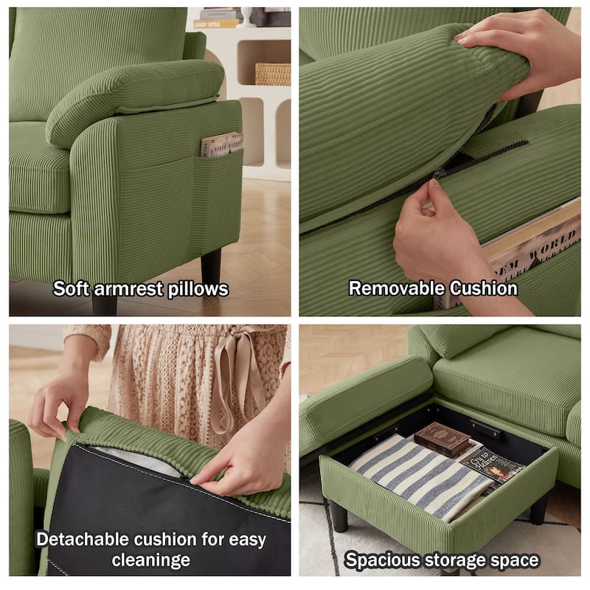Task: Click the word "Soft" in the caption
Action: [x=71, y=288]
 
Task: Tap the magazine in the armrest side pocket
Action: [x=221, y=145]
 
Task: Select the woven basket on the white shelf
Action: [x=272, y=74]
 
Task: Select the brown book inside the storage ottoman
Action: [x=442, y=440]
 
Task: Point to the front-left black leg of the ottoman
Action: [x=339, y=516]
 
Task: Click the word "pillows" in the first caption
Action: [x=197, y=288]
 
